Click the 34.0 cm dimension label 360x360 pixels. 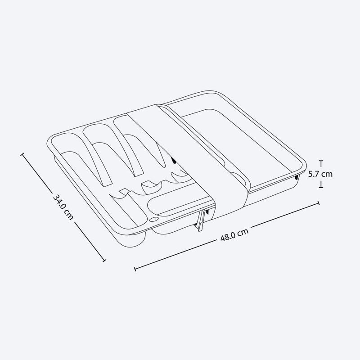63,207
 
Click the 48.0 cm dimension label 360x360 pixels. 234,234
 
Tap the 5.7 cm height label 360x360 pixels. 320,174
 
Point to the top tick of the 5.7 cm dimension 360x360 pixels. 321,162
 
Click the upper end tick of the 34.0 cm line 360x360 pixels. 22,154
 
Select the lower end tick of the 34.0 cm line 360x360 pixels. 104,261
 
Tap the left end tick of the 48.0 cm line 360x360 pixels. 135,269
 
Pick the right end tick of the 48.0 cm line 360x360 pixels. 318,203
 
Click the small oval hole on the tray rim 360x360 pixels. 153,220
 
